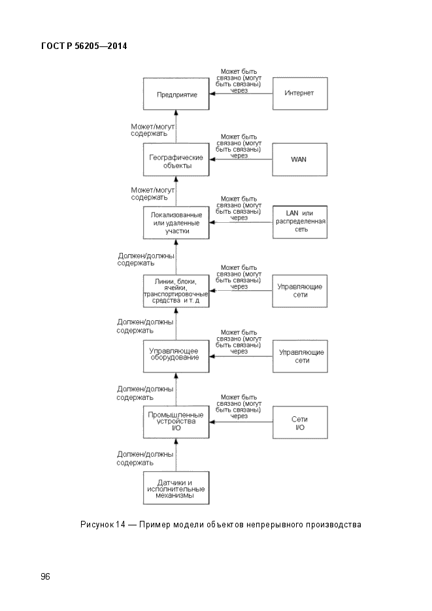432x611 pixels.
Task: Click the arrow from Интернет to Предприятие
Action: tap(241, 93)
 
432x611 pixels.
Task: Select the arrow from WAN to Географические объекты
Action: tap(241, 159)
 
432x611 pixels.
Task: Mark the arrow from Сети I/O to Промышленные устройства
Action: tap(241, 421)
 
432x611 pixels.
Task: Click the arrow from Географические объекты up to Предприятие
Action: tap(176, 126)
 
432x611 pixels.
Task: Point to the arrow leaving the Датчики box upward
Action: tap(176, 455)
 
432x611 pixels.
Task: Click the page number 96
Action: tap(45, 576)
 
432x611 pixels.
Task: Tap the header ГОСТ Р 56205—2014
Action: tap(84, 46)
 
